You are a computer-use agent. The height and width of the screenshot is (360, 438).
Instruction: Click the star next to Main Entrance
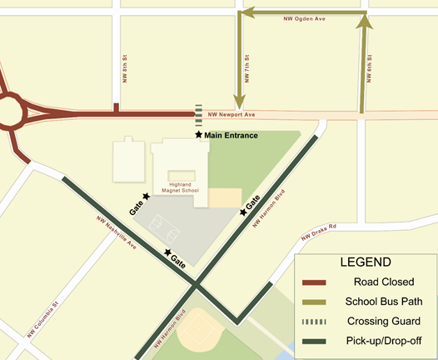[198, 135]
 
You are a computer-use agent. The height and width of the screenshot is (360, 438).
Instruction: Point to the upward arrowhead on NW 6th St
[364, 23]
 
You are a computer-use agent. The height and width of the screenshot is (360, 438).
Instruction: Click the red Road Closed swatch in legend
[316, 282]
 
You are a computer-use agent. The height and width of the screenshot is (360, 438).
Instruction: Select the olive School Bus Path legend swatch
[316, 302]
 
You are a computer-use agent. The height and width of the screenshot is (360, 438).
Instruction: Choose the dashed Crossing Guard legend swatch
[316, 321]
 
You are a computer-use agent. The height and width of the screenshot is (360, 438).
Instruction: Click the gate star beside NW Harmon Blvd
[243, 212]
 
